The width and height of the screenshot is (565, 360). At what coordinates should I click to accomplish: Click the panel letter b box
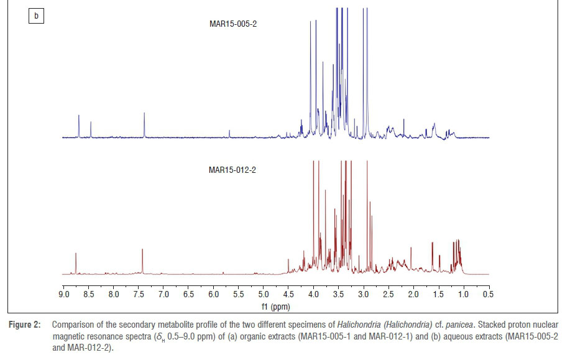click(x=36, y=16)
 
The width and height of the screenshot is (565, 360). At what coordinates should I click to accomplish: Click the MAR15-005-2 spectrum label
click(x=232, y=24)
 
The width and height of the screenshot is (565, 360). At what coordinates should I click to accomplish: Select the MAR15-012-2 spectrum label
click(x=232, y=168)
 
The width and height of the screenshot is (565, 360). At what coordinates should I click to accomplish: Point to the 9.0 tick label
click(x=63, y=294)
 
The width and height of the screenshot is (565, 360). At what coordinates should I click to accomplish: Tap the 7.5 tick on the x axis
click(x=139, y=294)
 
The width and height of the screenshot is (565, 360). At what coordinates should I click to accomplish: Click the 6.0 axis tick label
click(x=213, y=294)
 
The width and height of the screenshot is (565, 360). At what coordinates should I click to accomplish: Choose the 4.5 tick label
click(x=288, y=294)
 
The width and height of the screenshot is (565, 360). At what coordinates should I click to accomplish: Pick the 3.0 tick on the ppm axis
click(x=363, y=294)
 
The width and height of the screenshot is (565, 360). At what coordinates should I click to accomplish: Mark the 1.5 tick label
click(x=438, y=294)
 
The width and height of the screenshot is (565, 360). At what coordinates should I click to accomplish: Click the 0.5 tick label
click(x=488, y=294)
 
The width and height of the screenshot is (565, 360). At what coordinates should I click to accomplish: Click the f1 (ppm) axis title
click(x=275, y=307)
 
